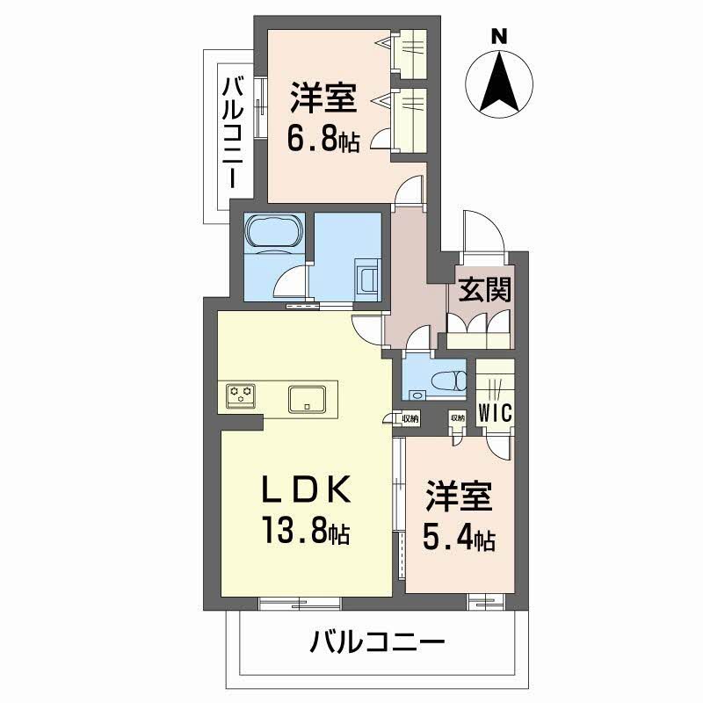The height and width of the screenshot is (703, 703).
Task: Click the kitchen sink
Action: (308, 398)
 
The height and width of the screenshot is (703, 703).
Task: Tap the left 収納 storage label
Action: (410, 418)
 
